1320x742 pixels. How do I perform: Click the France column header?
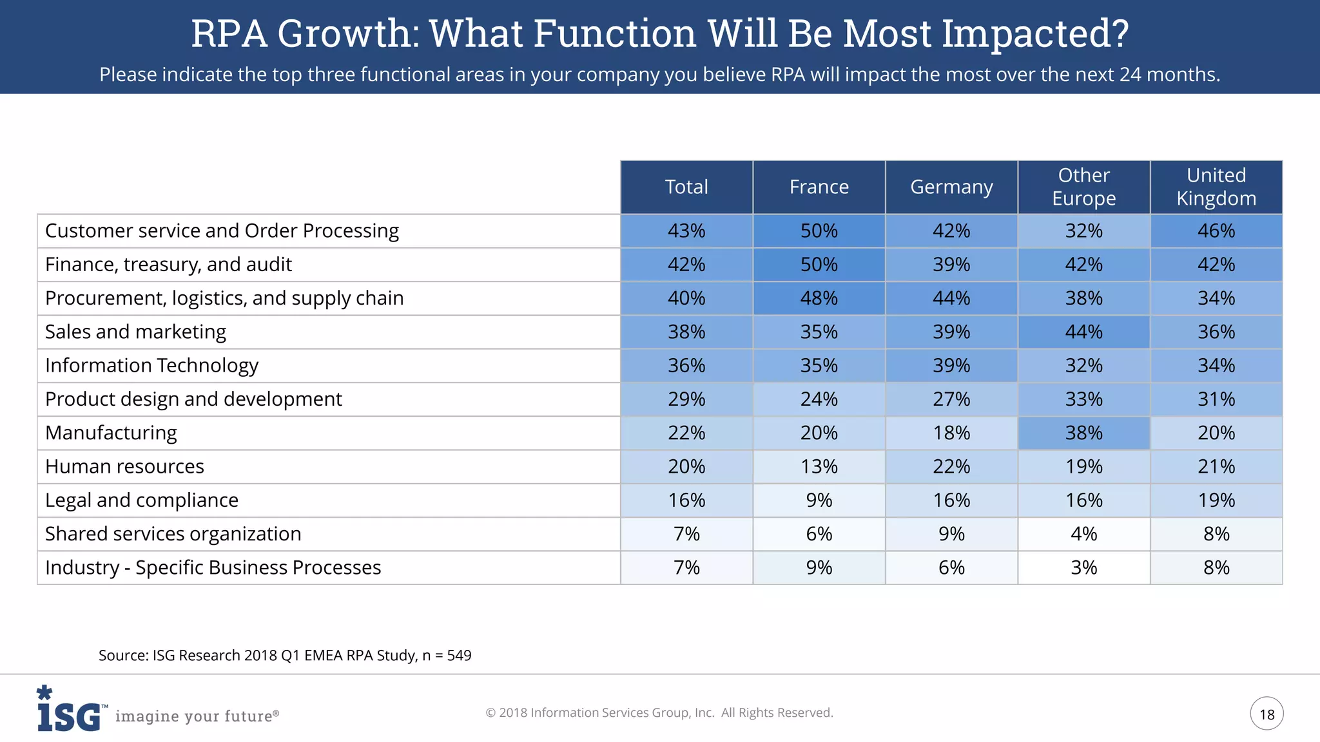tap(819, 187)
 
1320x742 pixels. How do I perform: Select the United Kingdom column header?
tap(1216, 187)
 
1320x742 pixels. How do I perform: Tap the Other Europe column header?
tap(1083, 187)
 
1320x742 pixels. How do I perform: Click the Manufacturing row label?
tap(111, 433)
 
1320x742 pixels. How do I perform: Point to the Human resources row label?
tap(124, 466)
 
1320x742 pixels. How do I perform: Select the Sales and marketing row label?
tap(135, 332)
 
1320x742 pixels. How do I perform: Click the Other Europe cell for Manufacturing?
tap(1083, 433)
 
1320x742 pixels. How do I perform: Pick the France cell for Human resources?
tap(819, 466)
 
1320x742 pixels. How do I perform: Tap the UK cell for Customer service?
tap(1216, 231)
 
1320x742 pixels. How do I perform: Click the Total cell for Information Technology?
tap(686, 365)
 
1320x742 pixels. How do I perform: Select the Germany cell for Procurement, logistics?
tap(951, 298)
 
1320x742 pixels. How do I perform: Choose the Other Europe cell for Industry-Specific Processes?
tap(1083, 567)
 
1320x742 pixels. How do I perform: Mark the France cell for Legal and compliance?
tap(819, 500)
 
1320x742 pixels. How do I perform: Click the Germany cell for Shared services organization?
tap(951, 534)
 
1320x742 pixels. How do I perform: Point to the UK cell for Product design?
tap(1216, 399)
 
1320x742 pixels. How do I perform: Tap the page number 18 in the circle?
tap(1267, 714)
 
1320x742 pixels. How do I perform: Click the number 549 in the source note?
tap(459, 656)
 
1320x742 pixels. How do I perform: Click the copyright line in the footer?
tap(659, 713)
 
